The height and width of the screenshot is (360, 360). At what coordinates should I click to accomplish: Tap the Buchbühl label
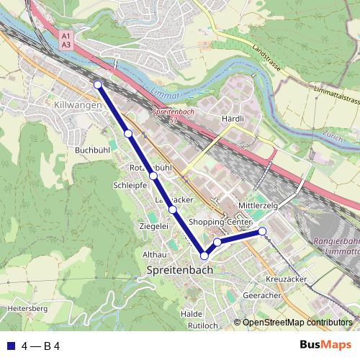click(x=92, y=150)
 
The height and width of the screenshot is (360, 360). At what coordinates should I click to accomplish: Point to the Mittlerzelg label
click(x=258, y=205)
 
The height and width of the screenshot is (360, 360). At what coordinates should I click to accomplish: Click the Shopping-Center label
click(x=220, y=222)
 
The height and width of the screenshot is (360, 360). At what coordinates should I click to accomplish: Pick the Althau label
click(x=155, y=255)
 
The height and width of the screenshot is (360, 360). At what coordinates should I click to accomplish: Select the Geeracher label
click(x=262, y=294)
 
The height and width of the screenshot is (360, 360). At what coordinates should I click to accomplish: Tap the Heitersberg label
click(x=27, y=308)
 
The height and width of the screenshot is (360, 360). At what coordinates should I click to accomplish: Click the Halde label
click(x=192, y=314)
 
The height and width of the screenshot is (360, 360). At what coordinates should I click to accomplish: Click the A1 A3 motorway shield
click(x=66, y=40)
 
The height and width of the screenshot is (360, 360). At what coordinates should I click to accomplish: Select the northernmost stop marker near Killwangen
click(x=98, y=84)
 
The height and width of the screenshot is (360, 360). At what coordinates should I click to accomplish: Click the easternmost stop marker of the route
click(x=263, y=231)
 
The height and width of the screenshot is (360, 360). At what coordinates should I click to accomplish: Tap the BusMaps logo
click(x=325, y=346)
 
